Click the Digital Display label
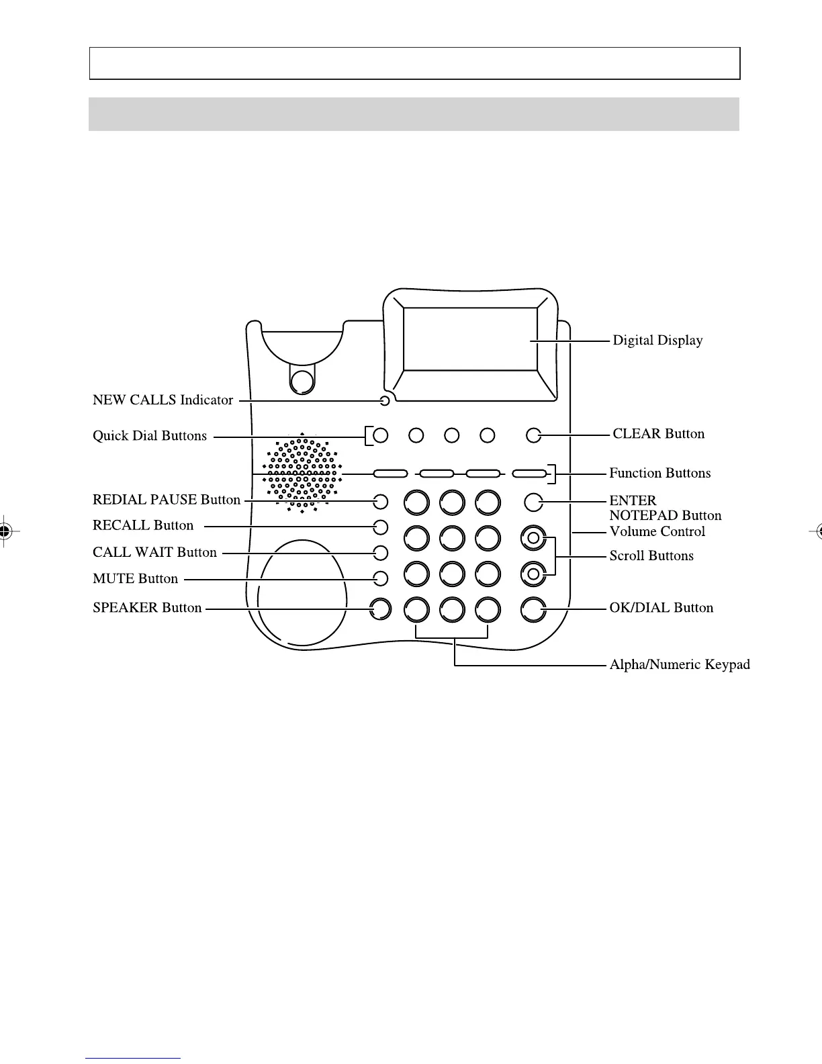point(657,341)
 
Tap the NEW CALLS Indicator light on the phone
point(384,402)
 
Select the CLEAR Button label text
point(658,434)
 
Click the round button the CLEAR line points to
point(533,435)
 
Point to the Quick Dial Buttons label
point(150,436)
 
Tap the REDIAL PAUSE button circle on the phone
point(381,501)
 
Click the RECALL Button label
point(143,526)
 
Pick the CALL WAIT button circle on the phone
point(381,553)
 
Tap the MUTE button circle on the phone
point(381,578)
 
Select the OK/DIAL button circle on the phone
point(533,609)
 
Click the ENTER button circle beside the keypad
point(533,501)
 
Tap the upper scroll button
point(533,537)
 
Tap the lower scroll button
point(533,574)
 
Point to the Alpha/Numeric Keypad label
point(679,665)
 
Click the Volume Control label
point(657,532)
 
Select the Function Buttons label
point(659,474)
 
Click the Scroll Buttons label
point(651,556)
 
